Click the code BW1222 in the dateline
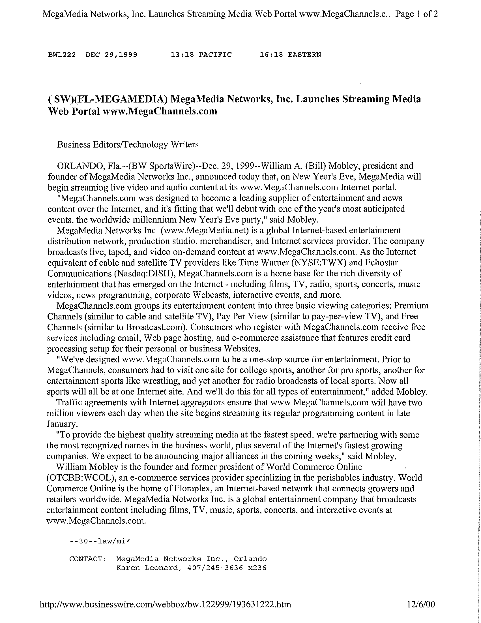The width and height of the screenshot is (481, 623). click(x=62, y=54)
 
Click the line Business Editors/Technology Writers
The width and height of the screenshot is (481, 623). click(x=128, y=144)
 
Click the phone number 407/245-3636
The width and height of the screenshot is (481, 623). click(x=215, y=568)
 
